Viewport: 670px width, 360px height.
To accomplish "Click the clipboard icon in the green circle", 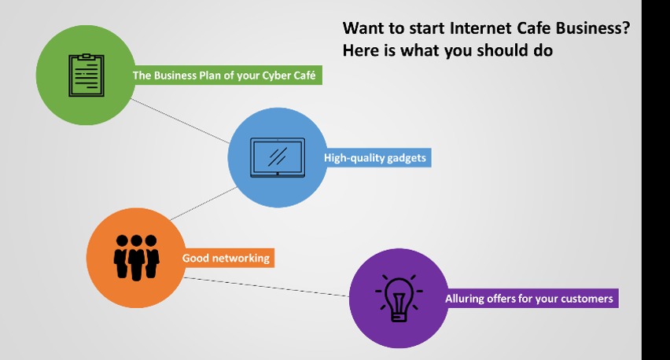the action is point(87,75).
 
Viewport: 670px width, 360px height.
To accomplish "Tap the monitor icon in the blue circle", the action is point(278,157).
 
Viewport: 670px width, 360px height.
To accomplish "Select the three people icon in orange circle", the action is point(136,258).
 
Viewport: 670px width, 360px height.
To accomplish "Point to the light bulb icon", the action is point(399,298).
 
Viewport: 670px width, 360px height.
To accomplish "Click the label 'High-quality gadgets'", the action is point(375,157).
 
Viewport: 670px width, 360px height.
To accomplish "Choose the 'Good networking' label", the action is point(226,258).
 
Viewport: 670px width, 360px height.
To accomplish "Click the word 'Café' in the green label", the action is point(304,75).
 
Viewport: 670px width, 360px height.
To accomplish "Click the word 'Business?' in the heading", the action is point(593,28).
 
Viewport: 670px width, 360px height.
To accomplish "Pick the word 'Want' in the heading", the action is point(362,28).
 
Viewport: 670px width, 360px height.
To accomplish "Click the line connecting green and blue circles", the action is point(180,121).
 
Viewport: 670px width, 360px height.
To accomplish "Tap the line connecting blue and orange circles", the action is point(204,204).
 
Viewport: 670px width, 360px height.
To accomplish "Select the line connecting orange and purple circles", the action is point(267,287).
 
